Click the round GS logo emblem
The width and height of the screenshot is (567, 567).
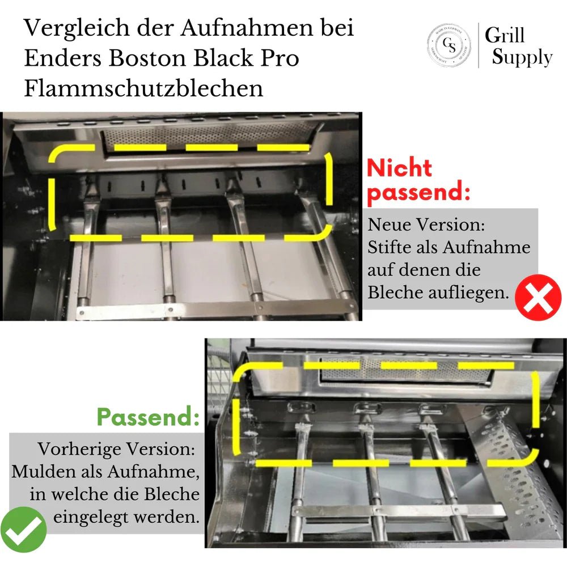pos(448,45)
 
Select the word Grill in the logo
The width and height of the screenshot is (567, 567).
pos(504,35)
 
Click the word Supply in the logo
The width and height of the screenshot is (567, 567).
pos(522,58)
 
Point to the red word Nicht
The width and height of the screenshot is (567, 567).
pos(399,168)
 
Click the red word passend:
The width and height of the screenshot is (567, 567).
pos(418,193)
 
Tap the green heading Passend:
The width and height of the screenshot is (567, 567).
pos(148,417)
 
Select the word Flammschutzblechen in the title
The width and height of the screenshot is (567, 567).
pos(143,88)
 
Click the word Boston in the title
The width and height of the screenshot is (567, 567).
pos(164,58)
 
